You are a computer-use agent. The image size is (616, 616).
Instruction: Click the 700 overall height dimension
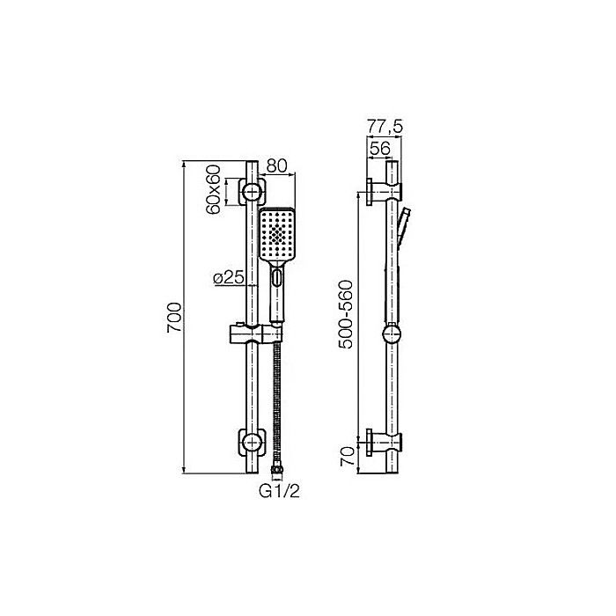[x=175, y=318]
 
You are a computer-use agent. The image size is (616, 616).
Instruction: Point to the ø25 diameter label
[x=228, y=278]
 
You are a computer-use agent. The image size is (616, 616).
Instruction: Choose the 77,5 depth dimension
[x=384, y=128]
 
